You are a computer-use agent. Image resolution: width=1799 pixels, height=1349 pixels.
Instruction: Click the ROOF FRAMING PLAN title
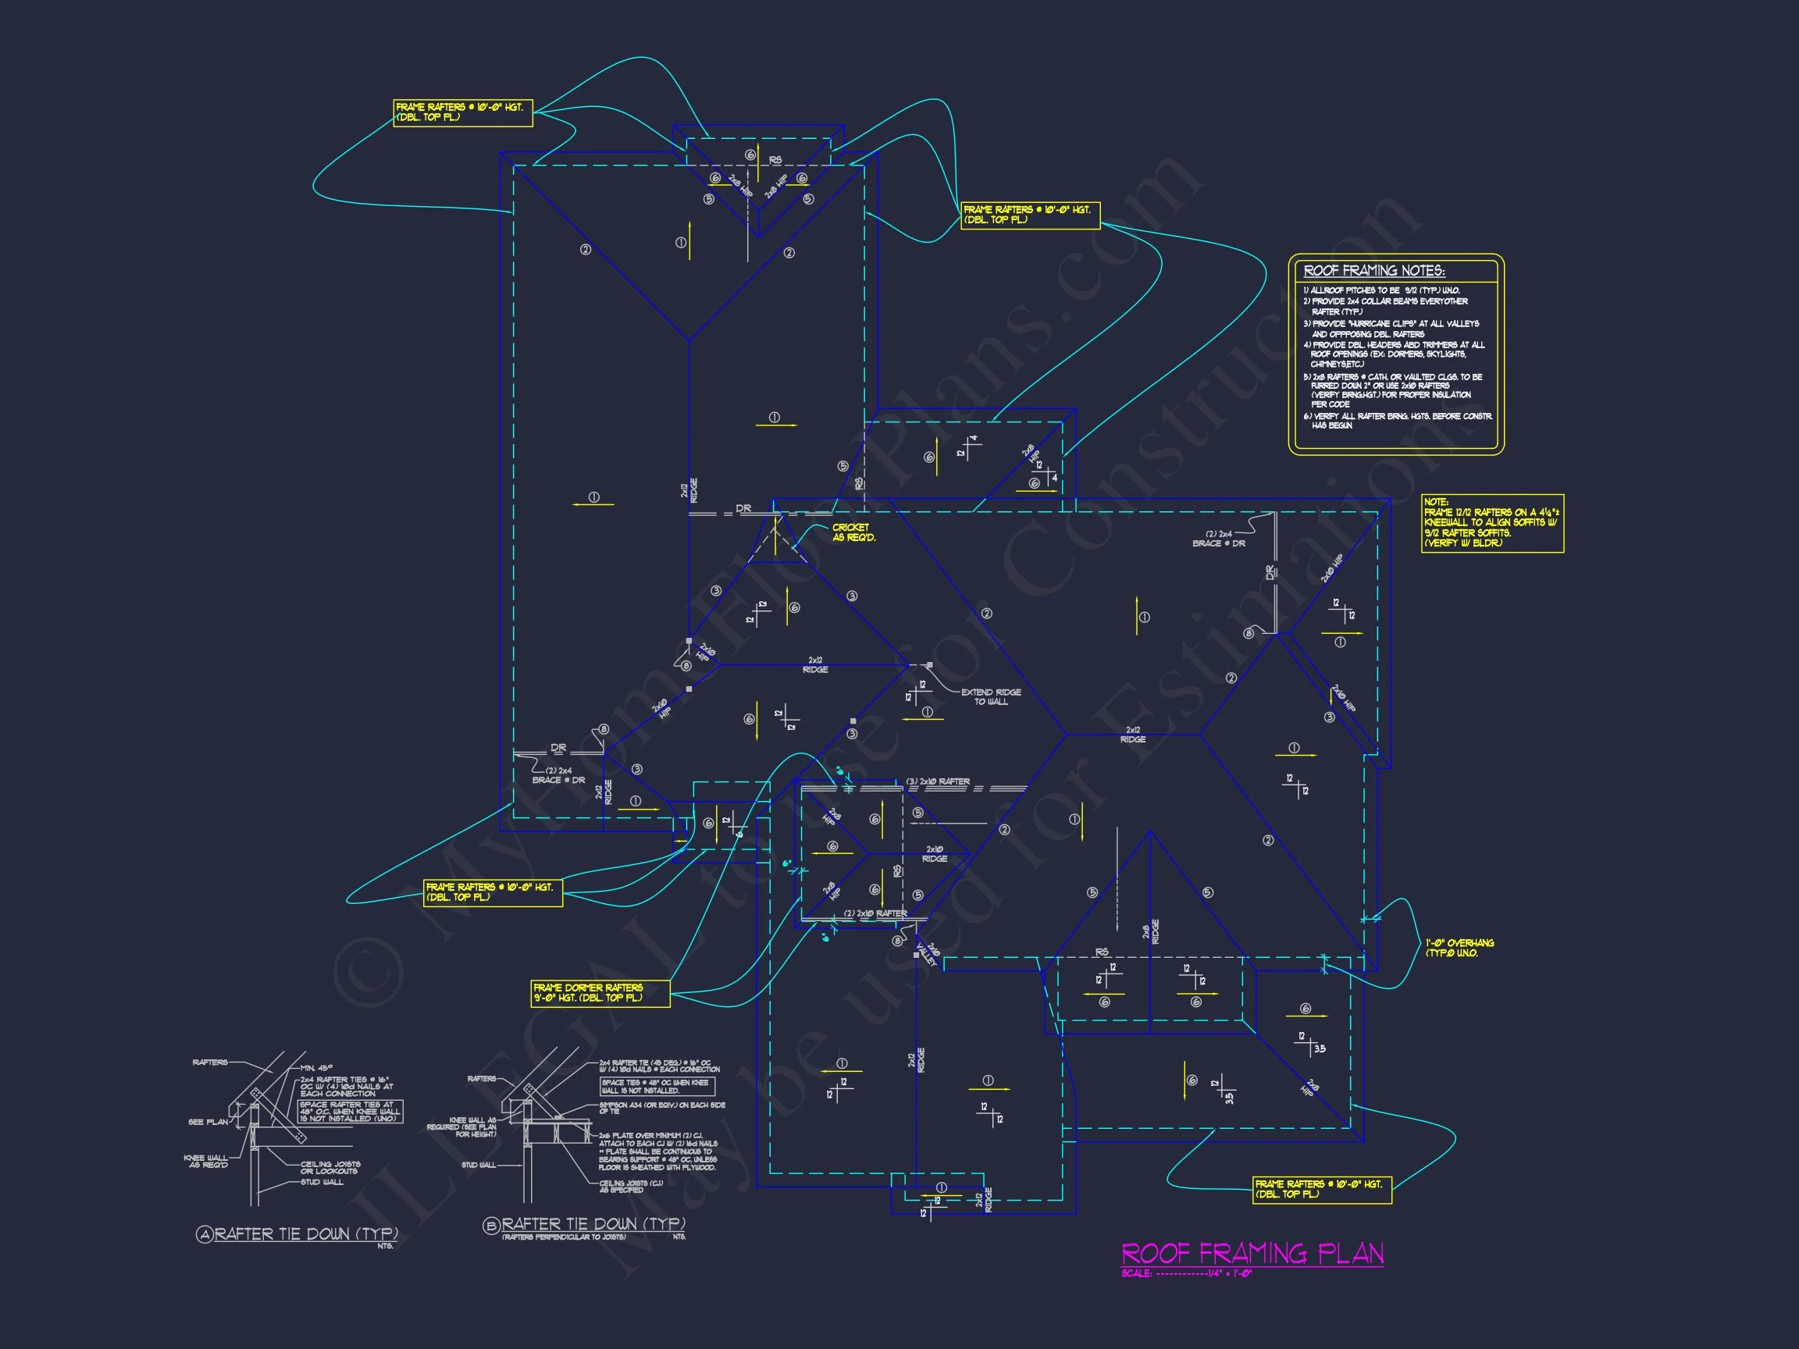pos(1252,1253)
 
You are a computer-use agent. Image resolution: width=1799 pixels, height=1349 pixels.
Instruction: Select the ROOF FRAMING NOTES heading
pos(1373,271)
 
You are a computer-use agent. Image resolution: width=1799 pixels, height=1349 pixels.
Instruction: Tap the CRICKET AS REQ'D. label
pos(853,532)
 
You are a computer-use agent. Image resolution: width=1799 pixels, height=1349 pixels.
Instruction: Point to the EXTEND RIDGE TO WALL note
pos(991,697)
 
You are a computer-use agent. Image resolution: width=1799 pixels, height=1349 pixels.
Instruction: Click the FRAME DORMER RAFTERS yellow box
pos(600,993)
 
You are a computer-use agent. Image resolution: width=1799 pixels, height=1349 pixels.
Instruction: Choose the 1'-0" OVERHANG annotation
pos(1459,948)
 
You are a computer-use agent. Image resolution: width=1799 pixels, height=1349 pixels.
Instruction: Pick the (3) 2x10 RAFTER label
pos(938,781)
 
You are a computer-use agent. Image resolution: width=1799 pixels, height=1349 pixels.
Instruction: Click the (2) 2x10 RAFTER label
pos(875,913)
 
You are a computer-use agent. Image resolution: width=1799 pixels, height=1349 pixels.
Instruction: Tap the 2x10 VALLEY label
pos(928,952)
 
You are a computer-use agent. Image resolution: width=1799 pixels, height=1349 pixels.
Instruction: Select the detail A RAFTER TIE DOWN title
pos(305,1234)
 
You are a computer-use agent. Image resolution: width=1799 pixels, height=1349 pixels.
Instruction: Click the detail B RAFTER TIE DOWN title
pos(593,1225)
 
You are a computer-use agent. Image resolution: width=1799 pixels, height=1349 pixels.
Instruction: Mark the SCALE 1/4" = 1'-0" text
pos(1187,1273)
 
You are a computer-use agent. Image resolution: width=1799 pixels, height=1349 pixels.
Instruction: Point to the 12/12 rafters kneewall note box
pos(1491,523)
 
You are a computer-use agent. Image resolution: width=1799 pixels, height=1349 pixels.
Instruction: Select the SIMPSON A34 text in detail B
pos(661,1109)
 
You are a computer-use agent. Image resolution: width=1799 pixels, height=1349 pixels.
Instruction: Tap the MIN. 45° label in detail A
pos(317,1068)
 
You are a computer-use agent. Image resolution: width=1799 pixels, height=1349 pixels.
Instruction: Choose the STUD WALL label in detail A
pos(322,1182)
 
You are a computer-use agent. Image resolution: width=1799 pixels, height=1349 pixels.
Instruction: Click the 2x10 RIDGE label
pos(935,854)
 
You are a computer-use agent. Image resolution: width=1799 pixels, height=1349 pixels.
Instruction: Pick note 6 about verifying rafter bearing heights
pos(1397,421)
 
